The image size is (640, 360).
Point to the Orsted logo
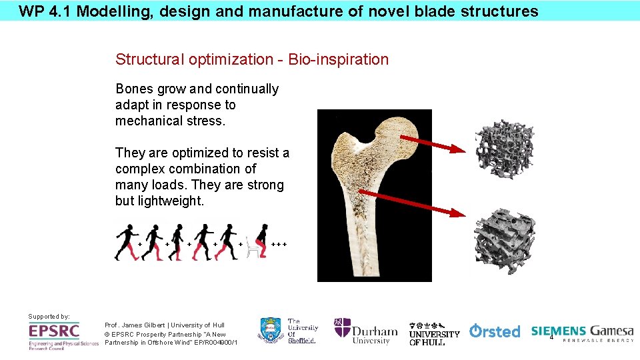495,331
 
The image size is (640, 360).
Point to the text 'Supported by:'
49,316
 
